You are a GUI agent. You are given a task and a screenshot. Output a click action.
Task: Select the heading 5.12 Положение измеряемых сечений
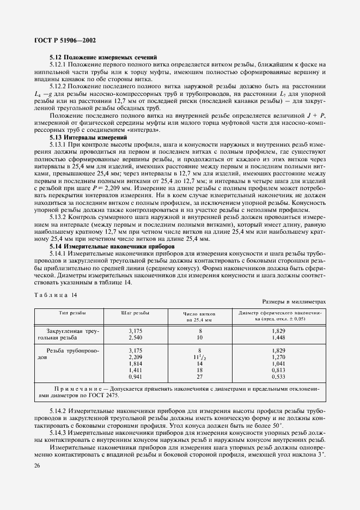103,57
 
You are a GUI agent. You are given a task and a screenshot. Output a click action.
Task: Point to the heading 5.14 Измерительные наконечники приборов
111,246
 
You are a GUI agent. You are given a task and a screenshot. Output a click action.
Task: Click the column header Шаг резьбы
135,313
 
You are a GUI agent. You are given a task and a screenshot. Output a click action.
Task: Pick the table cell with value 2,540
135,337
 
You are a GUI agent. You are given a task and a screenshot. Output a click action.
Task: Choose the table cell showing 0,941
135,377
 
